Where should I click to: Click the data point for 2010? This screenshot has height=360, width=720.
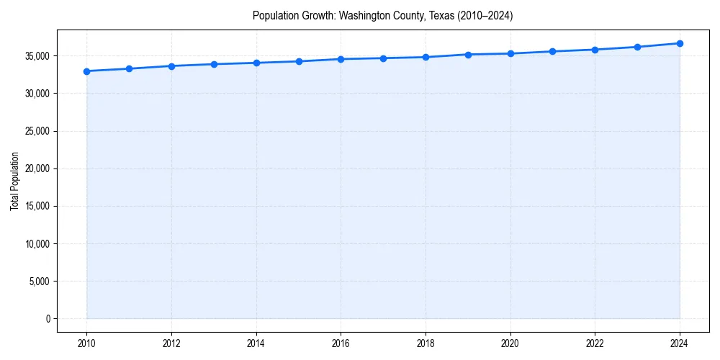86,71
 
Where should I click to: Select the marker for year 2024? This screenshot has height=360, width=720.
680,43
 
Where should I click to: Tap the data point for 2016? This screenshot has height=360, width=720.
341,59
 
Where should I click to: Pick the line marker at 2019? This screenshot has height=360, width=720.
468,55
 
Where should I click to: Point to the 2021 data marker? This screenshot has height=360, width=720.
552,51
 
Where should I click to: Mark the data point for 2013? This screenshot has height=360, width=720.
214,64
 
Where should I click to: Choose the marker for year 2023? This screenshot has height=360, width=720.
637,47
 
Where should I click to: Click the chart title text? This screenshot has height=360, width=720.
382,15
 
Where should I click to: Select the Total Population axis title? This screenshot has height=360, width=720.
14,181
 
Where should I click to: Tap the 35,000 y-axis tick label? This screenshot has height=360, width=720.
35,56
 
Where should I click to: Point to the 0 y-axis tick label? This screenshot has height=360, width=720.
47,319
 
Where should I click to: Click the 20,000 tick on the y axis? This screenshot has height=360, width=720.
35,168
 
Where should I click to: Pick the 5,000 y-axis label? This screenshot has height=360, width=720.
37,282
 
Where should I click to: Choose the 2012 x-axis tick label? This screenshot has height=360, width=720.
171,343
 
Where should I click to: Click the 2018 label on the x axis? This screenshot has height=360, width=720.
426,343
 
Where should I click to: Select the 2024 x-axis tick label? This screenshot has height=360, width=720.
680,343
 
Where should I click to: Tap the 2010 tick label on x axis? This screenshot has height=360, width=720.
86,343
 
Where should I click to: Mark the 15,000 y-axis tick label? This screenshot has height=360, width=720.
35,206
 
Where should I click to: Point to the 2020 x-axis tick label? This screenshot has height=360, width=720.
510,343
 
